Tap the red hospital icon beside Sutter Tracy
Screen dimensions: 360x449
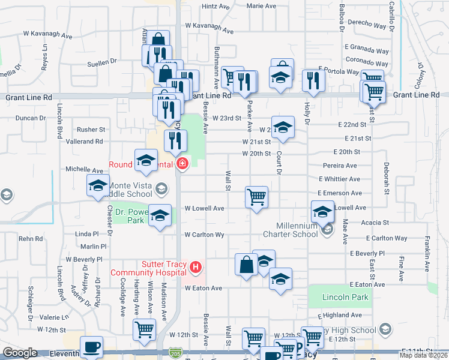[x=194, y=266]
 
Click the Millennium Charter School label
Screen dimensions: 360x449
[x=292, y=230]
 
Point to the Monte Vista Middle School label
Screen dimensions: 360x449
[x=128, y=190]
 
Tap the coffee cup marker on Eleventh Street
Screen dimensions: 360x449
[x=91, y=347]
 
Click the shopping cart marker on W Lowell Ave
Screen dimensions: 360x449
[x=256, y=196]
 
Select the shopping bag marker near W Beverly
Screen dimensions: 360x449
[x=247, y=265]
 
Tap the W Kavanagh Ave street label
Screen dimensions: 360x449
[x=47, y=35]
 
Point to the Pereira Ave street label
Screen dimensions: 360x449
[x=340, y=166]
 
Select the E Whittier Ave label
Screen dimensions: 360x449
[x=340, y=179]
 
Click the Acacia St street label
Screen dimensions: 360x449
[x=376, y=222]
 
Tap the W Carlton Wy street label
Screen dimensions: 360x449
[x=204, y=235]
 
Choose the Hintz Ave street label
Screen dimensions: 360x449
[x=216, y=7]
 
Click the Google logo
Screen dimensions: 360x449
[x=20, y=353]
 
